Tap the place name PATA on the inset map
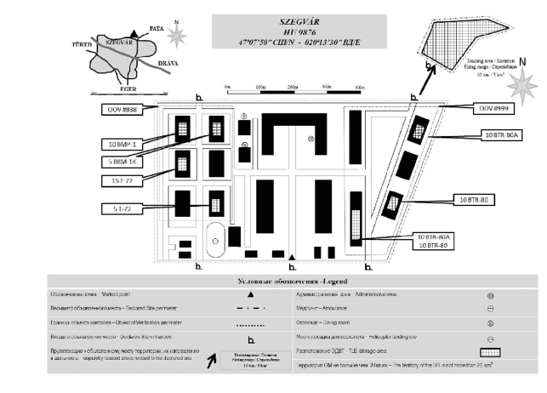tap(157, 28)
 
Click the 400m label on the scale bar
tap(360, 88)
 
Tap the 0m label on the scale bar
tap(228, 88)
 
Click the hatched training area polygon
tap(451, 43)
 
